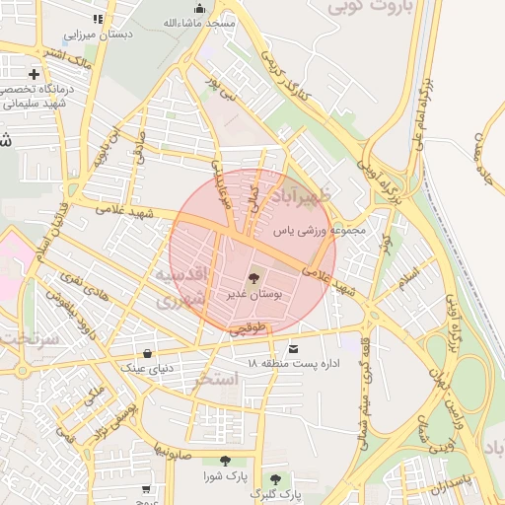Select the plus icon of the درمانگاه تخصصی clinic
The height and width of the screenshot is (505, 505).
point(35,74)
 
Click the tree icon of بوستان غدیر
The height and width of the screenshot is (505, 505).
point(255,279)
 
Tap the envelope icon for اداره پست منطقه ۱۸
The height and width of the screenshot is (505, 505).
point(293,348)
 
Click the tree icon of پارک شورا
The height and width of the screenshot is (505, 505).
point(225,461)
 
